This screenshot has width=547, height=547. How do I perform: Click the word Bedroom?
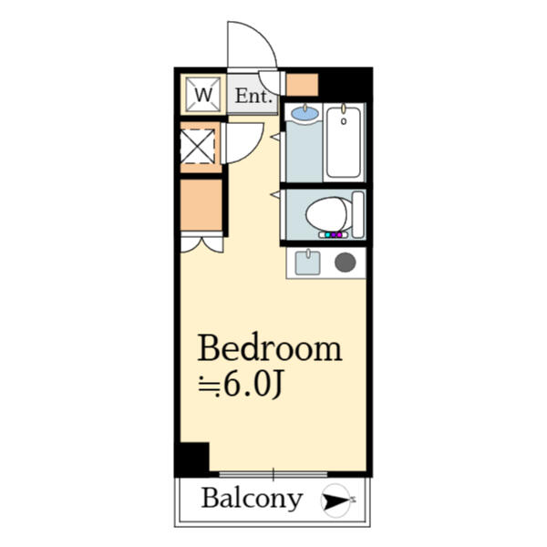270,348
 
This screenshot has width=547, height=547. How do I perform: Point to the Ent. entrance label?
252,95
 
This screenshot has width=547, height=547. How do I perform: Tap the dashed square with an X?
198,145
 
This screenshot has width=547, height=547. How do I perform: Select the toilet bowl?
325,215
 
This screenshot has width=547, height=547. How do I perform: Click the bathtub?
344,142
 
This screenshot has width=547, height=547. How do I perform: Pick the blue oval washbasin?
304,114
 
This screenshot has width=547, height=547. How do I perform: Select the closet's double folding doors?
201,243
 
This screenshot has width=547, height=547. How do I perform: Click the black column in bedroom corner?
192,459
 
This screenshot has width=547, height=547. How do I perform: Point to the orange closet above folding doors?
201,204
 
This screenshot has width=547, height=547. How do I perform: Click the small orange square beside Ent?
302,84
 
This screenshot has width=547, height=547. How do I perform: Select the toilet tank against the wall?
358,213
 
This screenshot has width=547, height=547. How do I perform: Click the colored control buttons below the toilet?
331,235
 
